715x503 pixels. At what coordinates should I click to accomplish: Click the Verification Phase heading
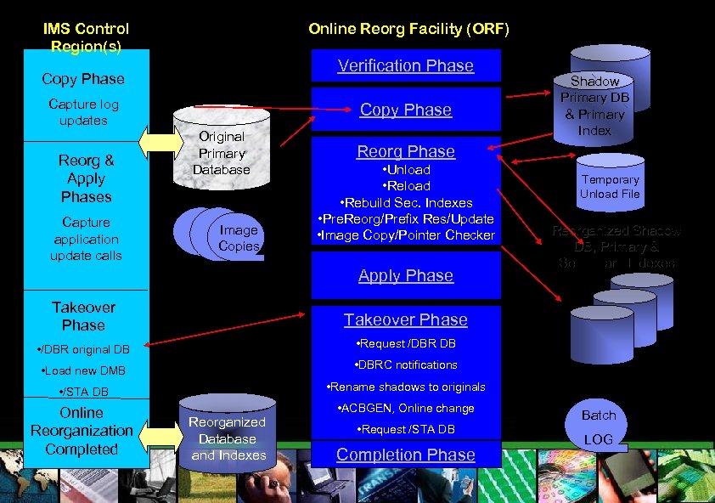[x=405, y=65]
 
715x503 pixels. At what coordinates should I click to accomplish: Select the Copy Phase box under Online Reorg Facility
[x=405, y=110]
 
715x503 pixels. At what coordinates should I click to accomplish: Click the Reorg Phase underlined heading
[x=405, y=151]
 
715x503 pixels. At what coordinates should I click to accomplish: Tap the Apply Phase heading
[x=405, y=275]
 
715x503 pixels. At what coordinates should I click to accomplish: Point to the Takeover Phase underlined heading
[x=405, y=319]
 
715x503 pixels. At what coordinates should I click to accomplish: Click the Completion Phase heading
[x=405, y=455]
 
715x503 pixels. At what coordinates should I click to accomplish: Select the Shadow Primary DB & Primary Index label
[x=594, y=106]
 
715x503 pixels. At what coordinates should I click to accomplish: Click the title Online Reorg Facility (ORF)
[x=408, y=29]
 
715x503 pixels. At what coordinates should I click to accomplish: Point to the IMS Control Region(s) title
[x=86, y=37]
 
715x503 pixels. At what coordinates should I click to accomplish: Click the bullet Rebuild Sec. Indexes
[x=405, y=202]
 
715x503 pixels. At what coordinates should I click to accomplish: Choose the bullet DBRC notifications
[x=405, y=365]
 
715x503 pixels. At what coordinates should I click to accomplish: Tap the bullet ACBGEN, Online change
[x=405, y=408]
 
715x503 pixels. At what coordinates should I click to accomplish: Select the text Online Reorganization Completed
[x=82, y=431]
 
